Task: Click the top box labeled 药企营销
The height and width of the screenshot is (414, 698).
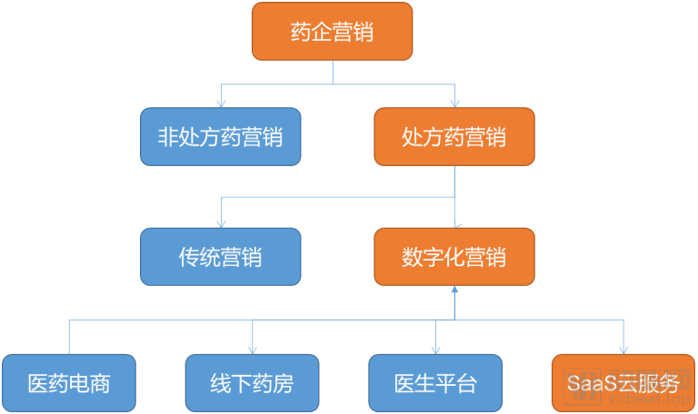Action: pyautogui.click(x=333, y=32)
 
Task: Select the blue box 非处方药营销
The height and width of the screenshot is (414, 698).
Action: pyautogui.click(x=220, y=137)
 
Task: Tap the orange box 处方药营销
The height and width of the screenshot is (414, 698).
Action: pyautogui.click(x=454, y=137)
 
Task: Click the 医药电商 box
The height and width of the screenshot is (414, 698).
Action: pyautogui.click(x=69, y=383)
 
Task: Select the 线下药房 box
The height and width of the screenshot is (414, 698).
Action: pyautogui.click(x=253, y=383)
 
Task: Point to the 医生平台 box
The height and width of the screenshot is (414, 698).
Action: pyautogui.click(x=435, y=383)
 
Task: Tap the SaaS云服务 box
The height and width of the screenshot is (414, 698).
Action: pyautogui.click(x=623, y=383)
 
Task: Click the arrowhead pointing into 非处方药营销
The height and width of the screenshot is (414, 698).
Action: pyautogui.click(x=220, y=103)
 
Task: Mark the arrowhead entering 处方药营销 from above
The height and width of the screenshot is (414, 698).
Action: pyautogui.click(x=454, y=103)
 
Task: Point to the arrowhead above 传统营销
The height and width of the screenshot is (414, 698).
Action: pyautogui.click(x=220, y=223)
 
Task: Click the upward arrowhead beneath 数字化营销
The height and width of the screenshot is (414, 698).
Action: pyautogui.click(x=454, y=290)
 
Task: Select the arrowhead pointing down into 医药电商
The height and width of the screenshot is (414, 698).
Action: pyautogui.click(x=69, y=350)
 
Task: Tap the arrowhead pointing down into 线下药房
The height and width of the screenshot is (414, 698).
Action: pyautogui.click(x=253, y=350)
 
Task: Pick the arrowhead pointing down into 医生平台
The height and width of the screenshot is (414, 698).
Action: pyautogui.click(x=435, y=350)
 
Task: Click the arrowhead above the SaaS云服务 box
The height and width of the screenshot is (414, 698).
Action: pyautogui.click(x=623, y=350)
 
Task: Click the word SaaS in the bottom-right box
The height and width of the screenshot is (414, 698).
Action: pyautogui.click(x=588, y=383)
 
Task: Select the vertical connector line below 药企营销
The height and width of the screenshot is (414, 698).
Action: pyautogui.click(x=333, y=73)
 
